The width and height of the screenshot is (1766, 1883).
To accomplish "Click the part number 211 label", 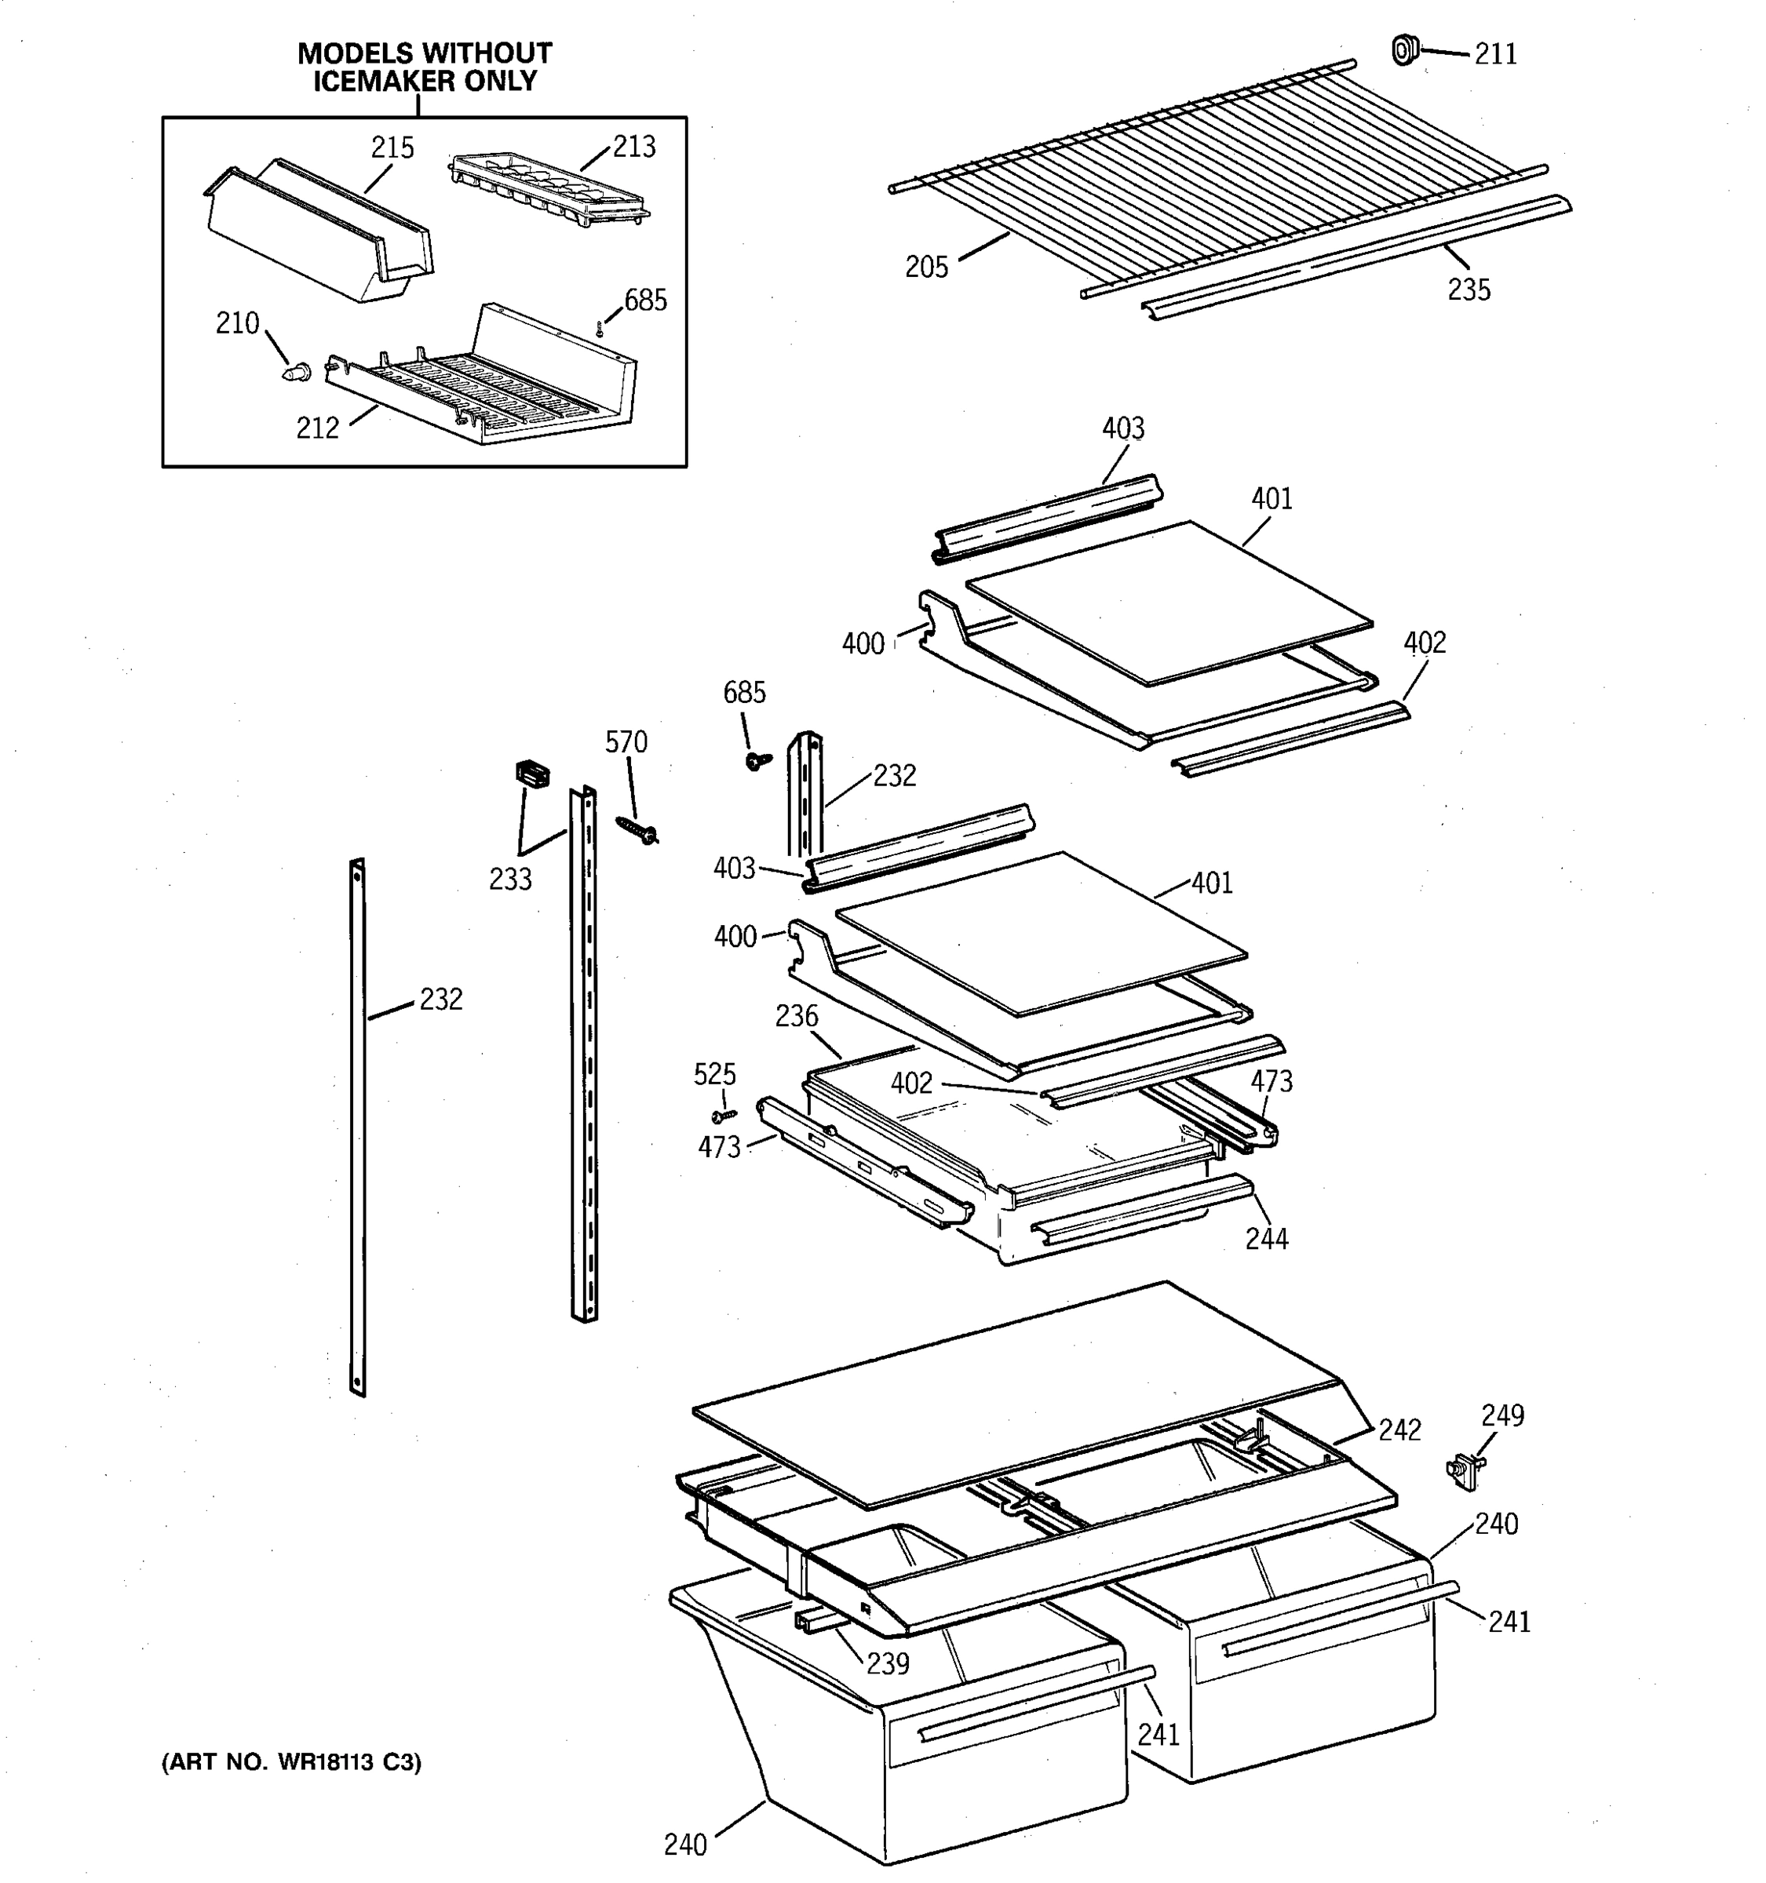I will pyautogui.click(x=1495, y=55).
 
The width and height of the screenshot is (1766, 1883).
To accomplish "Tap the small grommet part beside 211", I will pyautogui.click(x=1405, y=49).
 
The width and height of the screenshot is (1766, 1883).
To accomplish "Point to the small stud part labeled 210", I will pyautogui.click(x=297, y=370).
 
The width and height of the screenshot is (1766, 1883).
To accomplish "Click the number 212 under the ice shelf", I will pyautogui.click(x=317, y=429).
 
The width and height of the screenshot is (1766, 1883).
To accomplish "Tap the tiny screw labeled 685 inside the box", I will pyautogui.click(x=600, y=329).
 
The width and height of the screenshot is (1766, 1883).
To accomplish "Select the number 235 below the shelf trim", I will pyautogui.click(x=1469, y=290).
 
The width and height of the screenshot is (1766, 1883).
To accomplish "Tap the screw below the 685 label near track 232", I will pyautogui.click(x=757, y=759).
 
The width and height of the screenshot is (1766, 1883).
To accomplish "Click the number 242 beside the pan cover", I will pyautogui.click(x=1399, y=1430).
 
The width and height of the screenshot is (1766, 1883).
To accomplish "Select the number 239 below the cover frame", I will pyautogui.click(x=888, y=1663).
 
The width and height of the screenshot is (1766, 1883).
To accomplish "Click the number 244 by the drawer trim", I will pyautogui.click(x=1267, y=1238).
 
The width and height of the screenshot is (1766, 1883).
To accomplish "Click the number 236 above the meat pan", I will pyautogui.click(x=796, y=1016).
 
